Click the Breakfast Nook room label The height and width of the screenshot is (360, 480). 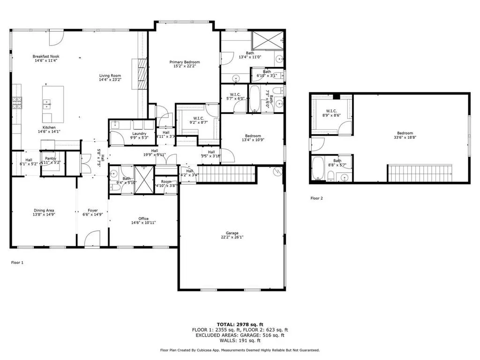(46, 56)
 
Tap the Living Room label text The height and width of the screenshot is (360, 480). (110, 75)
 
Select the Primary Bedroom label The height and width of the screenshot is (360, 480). (185, 62)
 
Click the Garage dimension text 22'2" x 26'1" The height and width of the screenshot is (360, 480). (232, 237)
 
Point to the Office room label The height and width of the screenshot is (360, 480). (143, 218)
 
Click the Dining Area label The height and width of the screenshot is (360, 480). (44, 210)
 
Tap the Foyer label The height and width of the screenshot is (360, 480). (92, 210)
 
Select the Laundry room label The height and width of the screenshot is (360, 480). (140, 134)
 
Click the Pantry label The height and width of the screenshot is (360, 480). (51, 158)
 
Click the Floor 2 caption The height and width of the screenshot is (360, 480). (316, 198)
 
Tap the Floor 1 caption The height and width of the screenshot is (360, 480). (17, 262)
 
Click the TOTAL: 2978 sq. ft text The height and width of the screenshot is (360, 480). (240, 324)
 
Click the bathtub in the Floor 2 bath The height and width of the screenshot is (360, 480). (318, 169)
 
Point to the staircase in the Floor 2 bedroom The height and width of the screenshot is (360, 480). (420, 173)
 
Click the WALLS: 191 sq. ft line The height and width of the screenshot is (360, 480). (240, 341)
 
